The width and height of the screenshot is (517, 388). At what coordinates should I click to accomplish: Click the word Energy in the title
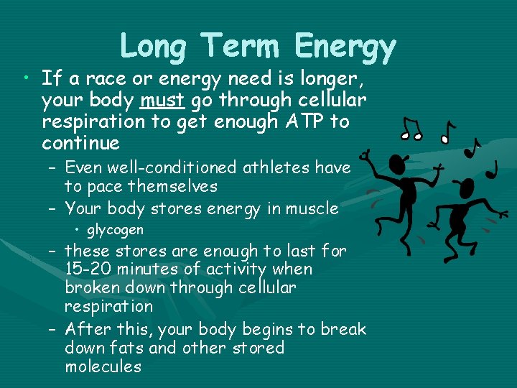click(345, 47)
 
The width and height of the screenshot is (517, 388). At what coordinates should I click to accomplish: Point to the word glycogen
click(115, 230)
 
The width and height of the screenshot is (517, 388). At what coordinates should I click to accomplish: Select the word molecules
click(103, 367)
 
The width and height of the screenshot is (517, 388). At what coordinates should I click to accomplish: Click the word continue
click(80, 143)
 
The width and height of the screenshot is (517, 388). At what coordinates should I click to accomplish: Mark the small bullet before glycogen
click(78, 230)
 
